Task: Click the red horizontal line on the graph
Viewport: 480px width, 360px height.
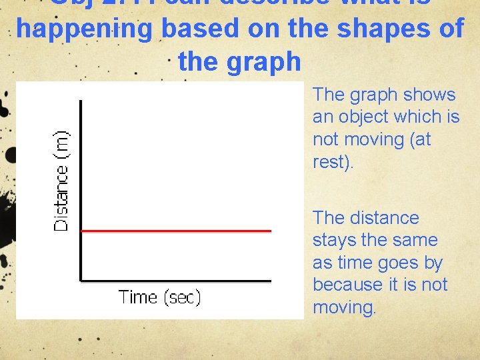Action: tap(177, 231)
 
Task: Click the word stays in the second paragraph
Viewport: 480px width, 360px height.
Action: tap(331, 240)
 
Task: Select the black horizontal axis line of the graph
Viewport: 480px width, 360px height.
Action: tap(177, 280)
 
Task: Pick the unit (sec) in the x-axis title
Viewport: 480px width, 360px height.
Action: tap(180, 297)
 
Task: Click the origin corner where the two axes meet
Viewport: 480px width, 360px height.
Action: tap(81, 280)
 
